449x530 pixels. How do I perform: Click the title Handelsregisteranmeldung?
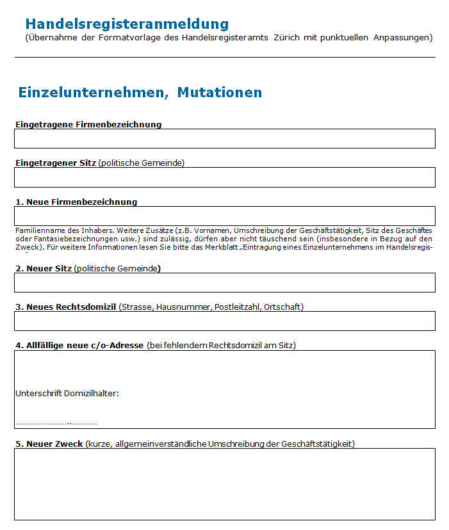[x=127, y=24]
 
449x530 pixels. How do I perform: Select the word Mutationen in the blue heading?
[x=219, y=92]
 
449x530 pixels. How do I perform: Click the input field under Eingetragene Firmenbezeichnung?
[x=225, y=138]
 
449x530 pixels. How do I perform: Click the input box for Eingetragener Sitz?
[x=225, y=177]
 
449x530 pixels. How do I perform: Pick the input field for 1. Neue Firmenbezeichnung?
[x=225, y=216]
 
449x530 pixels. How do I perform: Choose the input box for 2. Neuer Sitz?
[x=225, y=282]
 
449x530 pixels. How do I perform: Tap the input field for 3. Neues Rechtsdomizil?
[x=225, y=321]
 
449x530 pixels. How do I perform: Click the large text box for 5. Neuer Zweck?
[x=225, y=483]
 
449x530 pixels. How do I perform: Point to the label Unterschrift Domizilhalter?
[x=67, y=393]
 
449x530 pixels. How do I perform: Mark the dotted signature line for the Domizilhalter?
[x=56, y=423]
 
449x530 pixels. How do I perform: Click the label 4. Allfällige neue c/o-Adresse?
[x=79, y=346]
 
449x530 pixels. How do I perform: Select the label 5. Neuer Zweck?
[x=49, y=444]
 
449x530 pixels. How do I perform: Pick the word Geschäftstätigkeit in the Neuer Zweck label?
[x=317, y=444]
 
